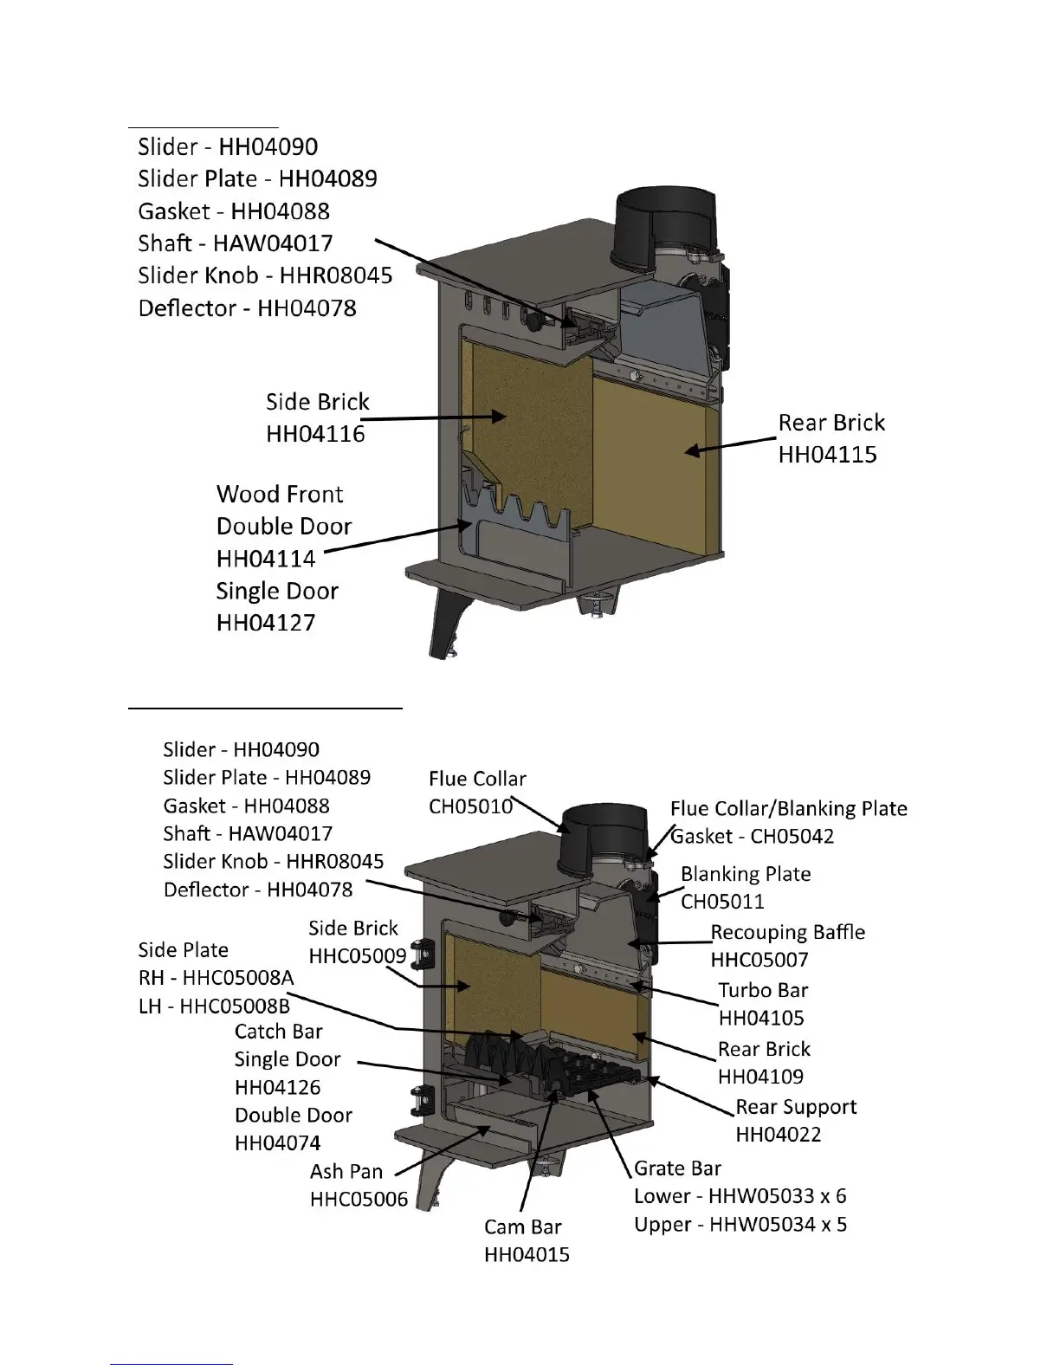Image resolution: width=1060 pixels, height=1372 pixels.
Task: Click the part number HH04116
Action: tap(315, 433)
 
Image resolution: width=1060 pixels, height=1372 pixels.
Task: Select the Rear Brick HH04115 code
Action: tap(827, 454)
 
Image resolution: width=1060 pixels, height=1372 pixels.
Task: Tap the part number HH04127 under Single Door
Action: tap(266, 622)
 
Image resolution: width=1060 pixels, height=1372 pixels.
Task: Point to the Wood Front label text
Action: tap(280, 494)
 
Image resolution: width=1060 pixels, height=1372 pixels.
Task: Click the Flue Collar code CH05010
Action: tap(471, 806)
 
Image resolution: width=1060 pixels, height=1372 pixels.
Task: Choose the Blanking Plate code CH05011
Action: tap(722, 901)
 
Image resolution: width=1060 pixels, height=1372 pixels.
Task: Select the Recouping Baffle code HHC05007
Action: tap(759, 960)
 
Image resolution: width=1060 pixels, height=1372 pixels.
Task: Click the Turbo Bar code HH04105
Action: tap(761, 1018)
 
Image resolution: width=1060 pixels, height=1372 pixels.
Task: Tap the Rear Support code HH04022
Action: tap(778, 1134)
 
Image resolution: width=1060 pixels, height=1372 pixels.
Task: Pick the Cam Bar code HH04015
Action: tap(527, 1254)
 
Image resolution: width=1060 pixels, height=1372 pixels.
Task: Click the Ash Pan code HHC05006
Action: tap(359, 1200)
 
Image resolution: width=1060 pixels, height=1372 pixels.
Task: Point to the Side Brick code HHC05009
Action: tap(358, 956)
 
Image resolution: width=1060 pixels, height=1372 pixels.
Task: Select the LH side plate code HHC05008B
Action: tap(235, 1006)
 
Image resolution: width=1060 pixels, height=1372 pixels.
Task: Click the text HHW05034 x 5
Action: tap(740, 1224)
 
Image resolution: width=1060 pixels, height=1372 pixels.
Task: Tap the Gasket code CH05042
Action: tap(753, 836)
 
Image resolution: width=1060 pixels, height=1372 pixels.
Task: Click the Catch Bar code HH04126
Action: tap(277, 1087)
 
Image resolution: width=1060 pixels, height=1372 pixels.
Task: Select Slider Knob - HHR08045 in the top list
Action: tap(265, 275)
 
